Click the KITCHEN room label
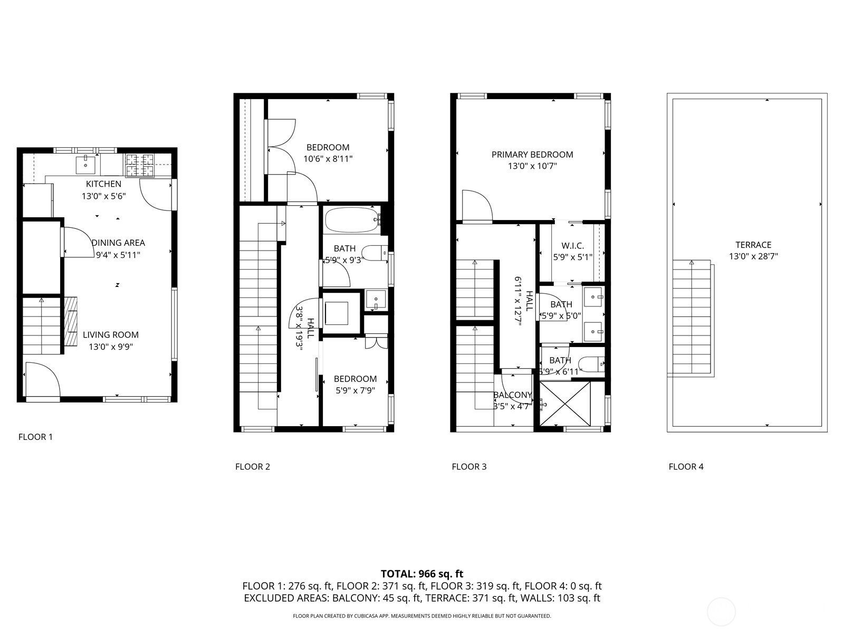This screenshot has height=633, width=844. (103, 184)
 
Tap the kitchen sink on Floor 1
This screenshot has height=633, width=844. (85, 164)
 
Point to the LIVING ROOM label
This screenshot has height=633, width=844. (111, 334)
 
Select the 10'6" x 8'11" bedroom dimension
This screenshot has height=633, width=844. (328, 158)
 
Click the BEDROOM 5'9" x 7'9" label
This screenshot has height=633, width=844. (355, 379)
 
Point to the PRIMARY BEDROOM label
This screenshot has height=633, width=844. (532, 155)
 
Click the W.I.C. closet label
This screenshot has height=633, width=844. (572, 246)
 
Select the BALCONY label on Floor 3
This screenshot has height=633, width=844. (512, 395)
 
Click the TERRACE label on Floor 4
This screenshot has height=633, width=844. (753, 245)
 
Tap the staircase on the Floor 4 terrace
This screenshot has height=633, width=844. (691, 316)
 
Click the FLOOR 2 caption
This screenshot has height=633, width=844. (253, 466)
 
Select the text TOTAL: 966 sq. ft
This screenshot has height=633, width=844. (422, 573)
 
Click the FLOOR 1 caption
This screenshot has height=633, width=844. (35, 437)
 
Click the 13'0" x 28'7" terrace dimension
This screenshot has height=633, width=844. (753, 257)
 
